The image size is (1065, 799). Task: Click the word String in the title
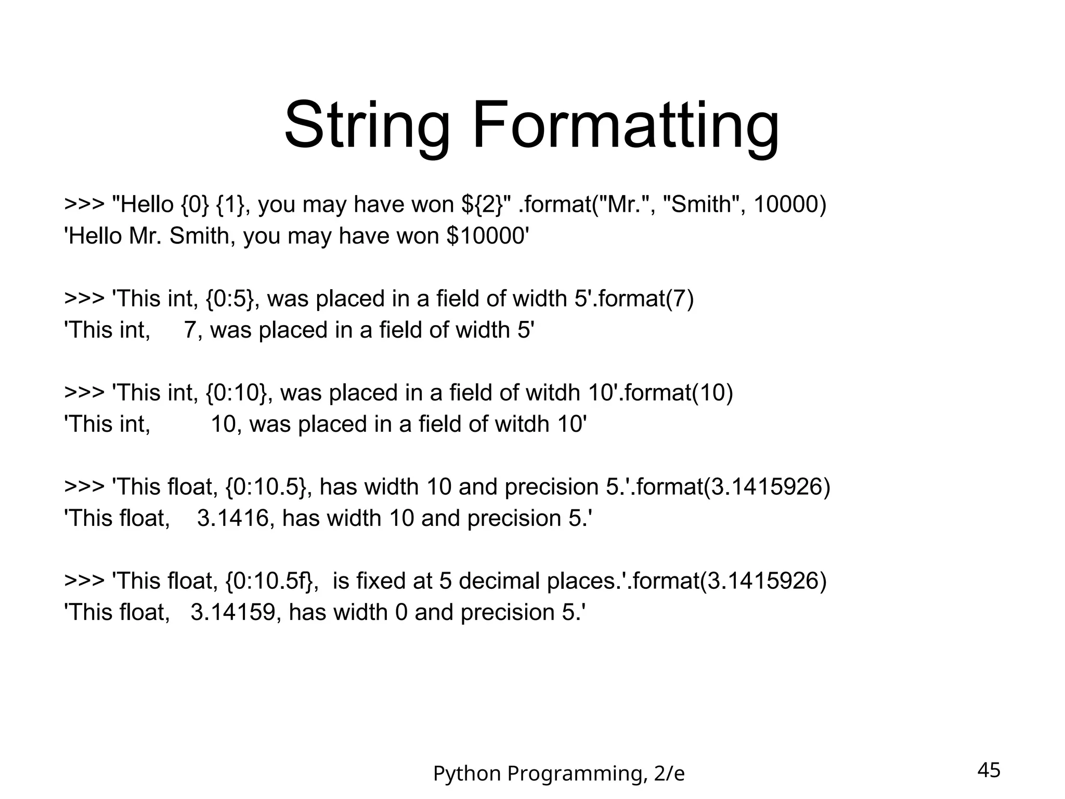(x=367, y=126)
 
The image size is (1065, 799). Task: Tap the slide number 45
(x=989, y=770)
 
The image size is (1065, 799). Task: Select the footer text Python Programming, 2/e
(x=559, y=774)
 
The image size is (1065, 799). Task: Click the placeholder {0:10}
(x=238, y=393)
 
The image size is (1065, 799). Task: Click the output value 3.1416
(x=232, y=519)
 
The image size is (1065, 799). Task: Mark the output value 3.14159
(x=232, y=612)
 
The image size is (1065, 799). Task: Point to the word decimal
(x=499, y=581)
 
